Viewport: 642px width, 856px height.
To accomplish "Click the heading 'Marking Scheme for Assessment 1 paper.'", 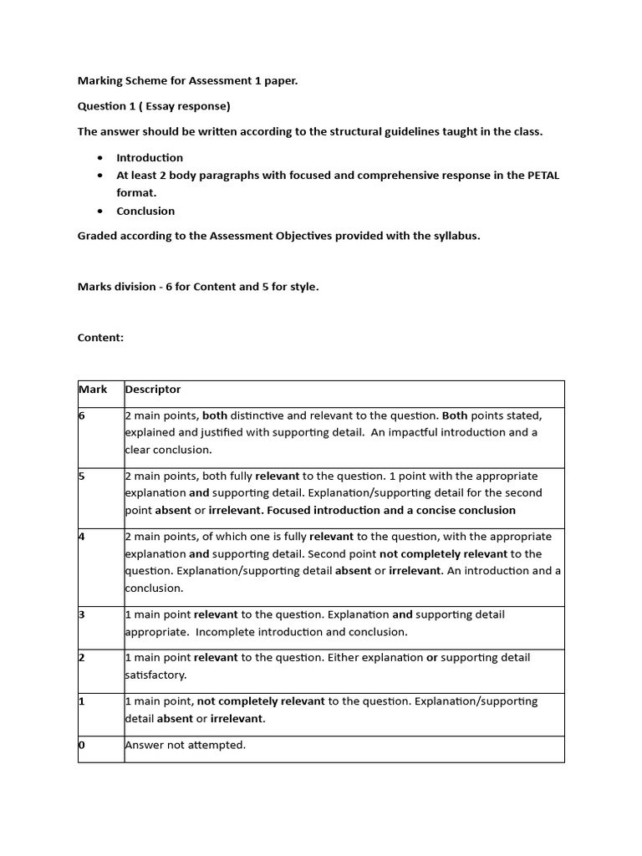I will (x=187, y=81).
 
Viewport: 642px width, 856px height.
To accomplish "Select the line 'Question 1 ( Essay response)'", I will (x=154, y=106).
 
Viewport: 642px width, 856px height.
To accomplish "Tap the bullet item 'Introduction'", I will (x=150, y=157).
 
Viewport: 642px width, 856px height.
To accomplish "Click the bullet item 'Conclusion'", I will (x=145, y=211).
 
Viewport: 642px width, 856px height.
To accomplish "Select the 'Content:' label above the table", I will (x=100, y=338).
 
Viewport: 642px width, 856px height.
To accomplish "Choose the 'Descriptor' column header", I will (x=153, y=390).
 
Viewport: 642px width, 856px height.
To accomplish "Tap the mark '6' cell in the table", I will (x=82, y=415).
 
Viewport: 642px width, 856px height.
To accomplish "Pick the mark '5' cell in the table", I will (x=82, y=476).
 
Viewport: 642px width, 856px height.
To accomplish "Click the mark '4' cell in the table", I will (x=82, y=537).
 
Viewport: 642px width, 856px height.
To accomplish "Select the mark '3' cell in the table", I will (x=82, y=614).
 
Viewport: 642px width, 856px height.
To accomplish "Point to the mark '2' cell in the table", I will (x=82, y=658).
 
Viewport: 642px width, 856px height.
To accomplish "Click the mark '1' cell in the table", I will (x=82, y=701).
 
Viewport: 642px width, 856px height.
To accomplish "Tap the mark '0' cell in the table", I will (x=82, y=745).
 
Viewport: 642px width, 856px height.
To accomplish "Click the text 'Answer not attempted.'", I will (x=185, y=745).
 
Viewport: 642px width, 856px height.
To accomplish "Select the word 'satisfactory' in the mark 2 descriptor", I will (x=155, y=675).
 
